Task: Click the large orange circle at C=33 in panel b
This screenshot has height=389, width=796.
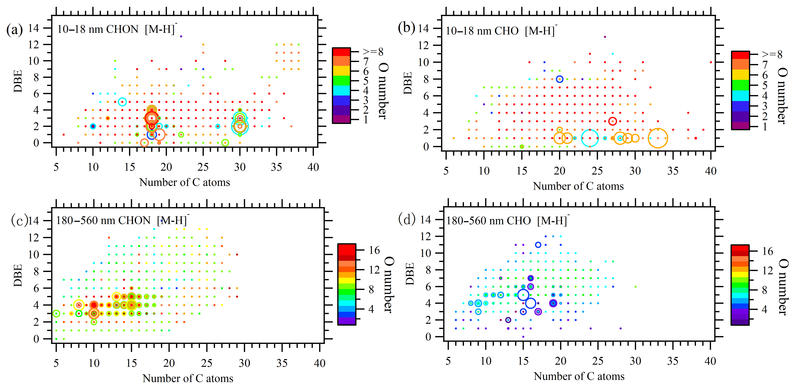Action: tap(658, 138)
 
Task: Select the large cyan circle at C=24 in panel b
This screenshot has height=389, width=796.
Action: tap(590, 138)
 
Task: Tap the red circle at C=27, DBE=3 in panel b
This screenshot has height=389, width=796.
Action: tap(612, 121)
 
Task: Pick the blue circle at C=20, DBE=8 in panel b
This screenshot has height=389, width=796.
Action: tap(559, 79)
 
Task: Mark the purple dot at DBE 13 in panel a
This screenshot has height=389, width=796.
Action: tap(181, 37)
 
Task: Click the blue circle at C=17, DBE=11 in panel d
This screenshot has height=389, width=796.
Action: tap(538, 245)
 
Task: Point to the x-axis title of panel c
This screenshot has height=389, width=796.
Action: tap(188, 378)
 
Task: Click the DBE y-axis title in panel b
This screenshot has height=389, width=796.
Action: tap(408, 83)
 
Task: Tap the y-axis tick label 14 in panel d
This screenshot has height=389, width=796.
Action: tap(426, 220)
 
